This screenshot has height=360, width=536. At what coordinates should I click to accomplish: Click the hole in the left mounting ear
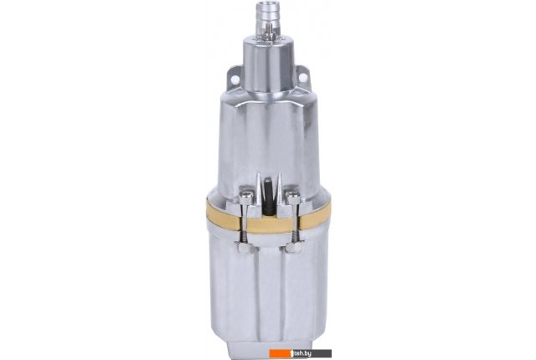234,79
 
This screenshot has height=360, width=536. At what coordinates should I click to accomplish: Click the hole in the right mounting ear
302,79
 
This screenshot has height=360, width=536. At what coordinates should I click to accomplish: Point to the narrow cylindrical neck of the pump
268,65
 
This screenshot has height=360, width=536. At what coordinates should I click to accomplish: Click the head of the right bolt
292,197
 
